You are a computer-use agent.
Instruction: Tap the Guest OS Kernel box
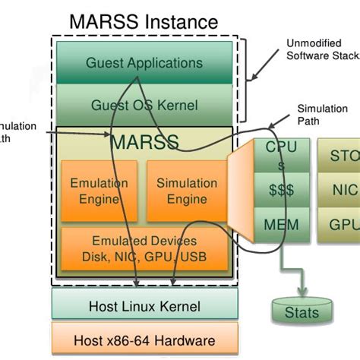pyautogui.click(x=144, y=104)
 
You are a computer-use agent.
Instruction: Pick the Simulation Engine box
pyautogui.click(x=186, y=191)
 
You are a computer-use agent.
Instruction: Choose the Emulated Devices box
pyautogui.click(x=144, y=248)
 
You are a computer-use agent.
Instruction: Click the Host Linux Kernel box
pyautogui.click(x=144, y=306)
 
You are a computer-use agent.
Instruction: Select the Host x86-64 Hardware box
pyautogui.click(x=144, y=340)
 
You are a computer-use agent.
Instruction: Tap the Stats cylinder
pyautogui.click(x=302, y=311)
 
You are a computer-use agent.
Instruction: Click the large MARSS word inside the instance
pyautogui.click(x=144, y=142)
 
